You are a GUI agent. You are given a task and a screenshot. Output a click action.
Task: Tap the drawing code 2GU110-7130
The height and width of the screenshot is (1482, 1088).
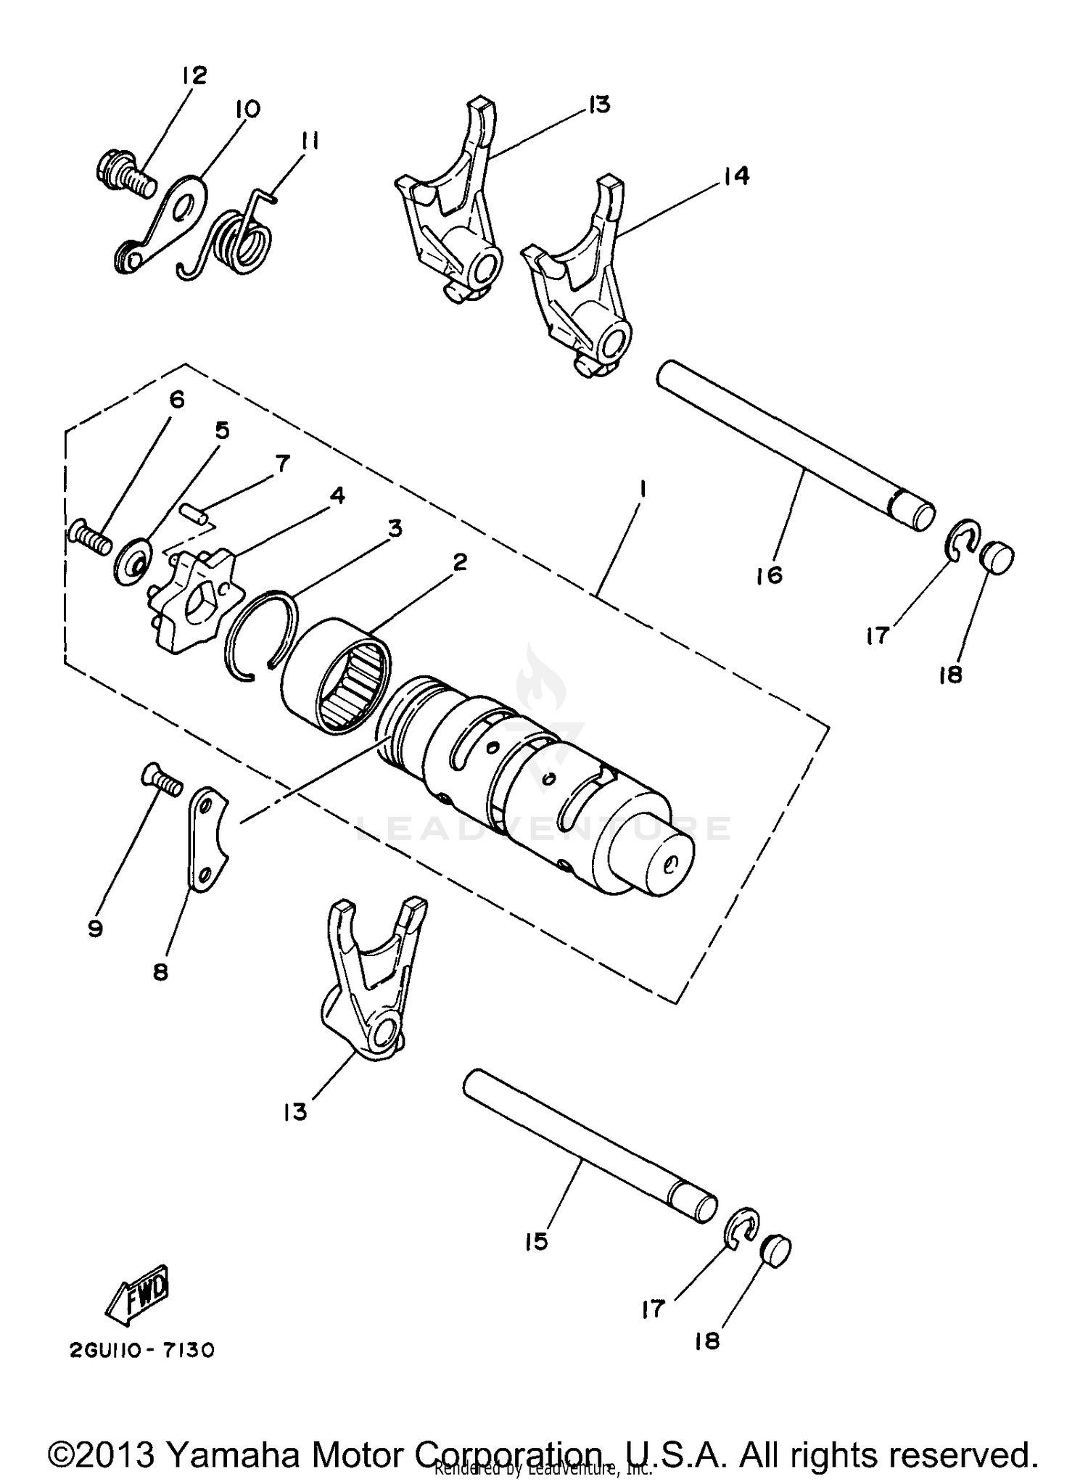(142, 1350)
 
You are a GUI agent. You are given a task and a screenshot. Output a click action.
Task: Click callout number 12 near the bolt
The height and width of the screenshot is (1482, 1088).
(194, 75)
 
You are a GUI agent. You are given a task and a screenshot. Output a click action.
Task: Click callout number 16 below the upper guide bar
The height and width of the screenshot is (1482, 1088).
(770, 575)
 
